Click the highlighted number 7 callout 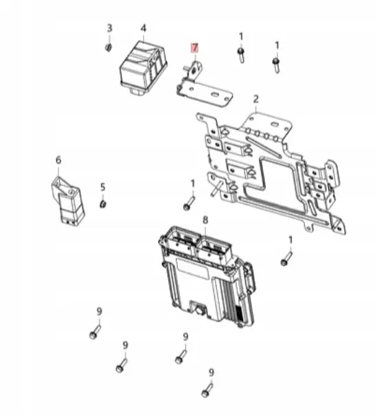pos(194,48)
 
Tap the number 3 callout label pos(108,28)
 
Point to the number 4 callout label pos(143,28)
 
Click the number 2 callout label pos(255,98)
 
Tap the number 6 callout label pos(58,160)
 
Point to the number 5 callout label pos(102,186)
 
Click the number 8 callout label pos(205,219)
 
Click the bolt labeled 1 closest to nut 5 pos(189,203)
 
